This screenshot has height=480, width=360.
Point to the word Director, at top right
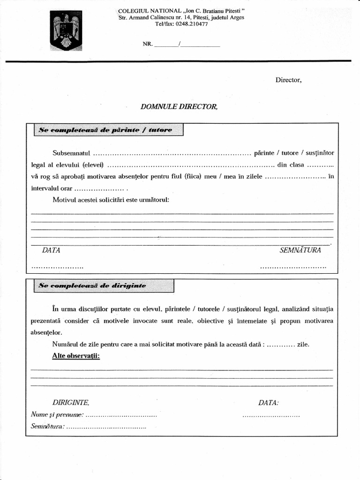(288, 80)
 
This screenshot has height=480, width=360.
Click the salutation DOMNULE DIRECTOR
(179, 107)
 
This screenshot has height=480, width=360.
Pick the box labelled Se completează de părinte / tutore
(108, 130)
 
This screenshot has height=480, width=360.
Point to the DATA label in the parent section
(51, 250)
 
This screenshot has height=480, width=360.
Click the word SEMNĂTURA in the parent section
(300, 250)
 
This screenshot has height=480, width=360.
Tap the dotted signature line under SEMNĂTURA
(292, 267)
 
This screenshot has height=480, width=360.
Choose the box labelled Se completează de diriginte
(104, 285)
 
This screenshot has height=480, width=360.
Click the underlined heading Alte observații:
(76, 356)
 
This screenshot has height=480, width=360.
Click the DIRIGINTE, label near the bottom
(71, 403)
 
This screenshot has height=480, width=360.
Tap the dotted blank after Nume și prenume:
(121, 415)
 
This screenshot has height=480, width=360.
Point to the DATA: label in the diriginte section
(269, 403)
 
